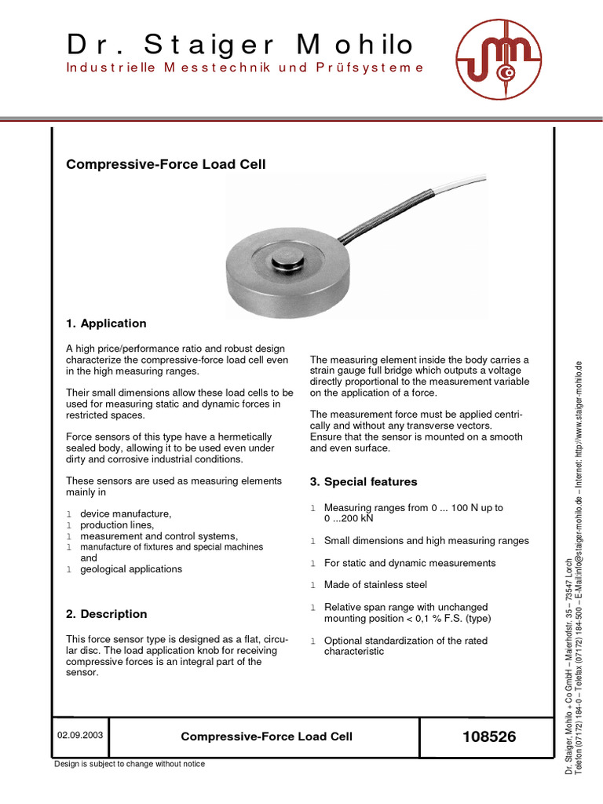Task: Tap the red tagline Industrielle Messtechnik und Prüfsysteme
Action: pos(244,68)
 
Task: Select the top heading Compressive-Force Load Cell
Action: pos(166,164)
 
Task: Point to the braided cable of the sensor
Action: pos(377,216)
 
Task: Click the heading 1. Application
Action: pos(106,323)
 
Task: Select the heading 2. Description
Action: pos(106,614)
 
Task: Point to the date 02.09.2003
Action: pos(80,736)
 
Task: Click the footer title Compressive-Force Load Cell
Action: pos(266,736)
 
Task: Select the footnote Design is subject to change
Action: pos(130,764)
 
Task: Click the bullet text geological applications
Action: pos(131,569)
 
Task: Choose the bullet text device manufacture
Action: pos(126,514)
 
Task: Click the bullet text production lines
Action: pos(117,525)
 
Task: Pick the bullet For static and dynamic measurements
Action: pos(410,563)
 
